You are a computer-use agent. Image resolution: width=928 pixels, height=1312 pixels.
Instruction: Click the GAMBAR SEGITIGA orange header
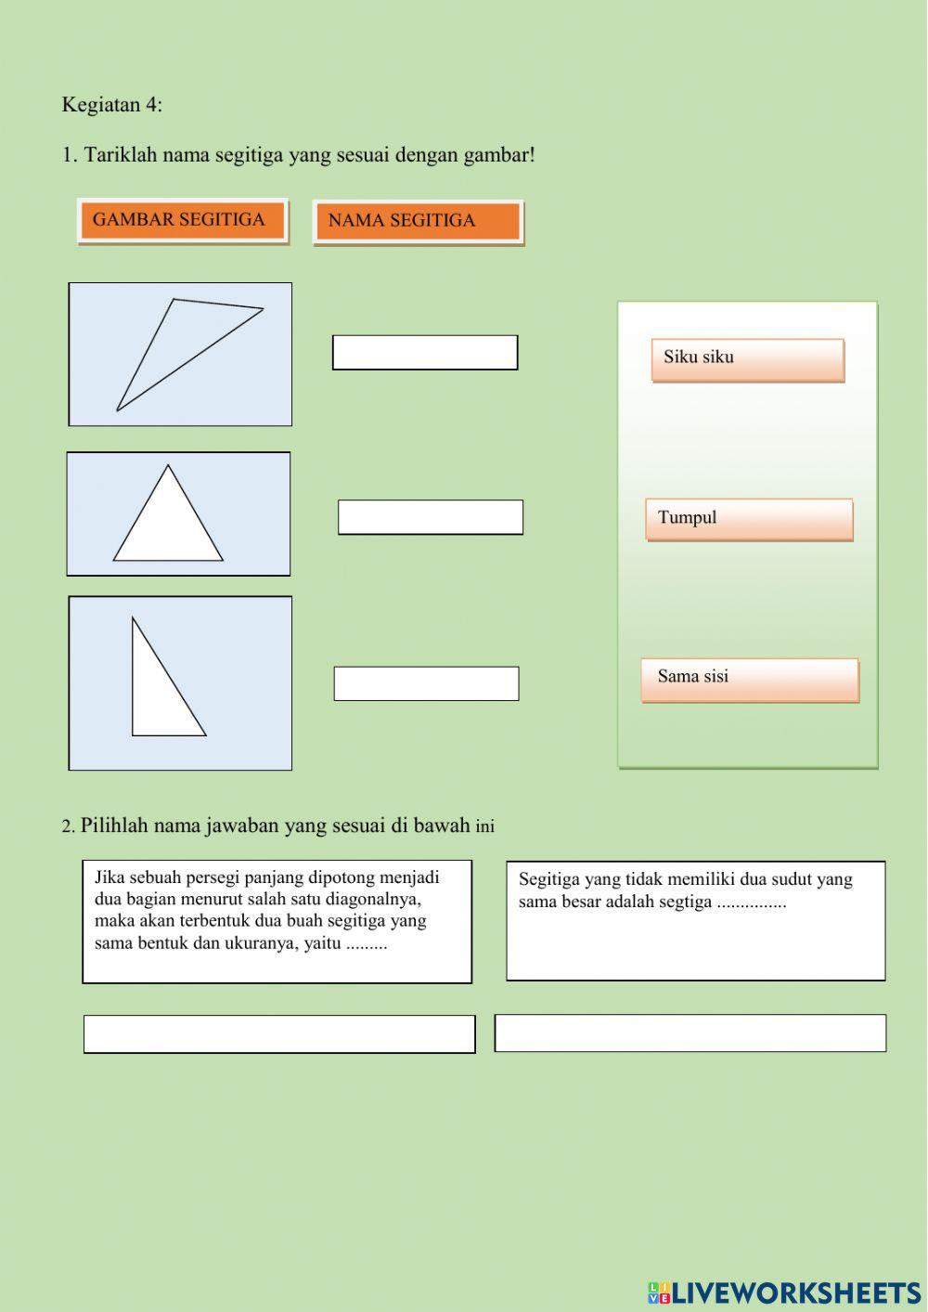[x=182, y=221]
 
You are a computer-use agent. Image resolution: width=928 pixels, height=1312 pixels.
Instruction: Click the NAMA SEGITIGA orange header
[x=418, y=222]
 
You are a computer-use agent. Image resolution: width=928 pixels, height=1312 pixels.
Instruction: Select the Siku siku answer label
[x=747, y=359]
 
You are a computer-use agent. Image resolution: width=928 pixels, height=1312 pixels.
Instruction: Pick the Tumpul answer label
[x=749, y=519]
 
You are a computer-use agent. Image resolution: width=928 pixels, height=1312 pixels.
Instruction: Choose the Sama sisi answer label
[x=749, y=680]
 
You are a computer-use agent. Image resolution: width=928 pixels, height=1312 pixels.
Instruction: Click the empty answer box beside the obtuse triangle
[x=425, y=353]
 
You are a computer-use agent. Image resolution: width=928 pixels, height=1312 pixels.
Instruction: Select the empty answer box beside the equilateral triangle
[x=430, y=517]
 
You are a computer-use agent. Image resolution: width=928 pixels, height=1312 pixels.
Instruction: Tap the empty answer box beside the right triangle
[x=426, y=683]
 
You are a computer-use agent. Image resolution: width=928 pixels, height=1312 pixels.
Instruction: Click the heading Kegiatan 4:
[x=111, y=105]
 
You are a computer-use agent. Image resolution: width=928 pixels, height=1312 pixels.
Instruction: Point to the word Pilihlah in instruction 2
[x=114, y=825]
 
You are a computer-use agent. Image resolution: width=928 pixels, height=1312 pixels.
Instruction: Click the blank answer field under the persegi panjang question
[x=278, y=1033]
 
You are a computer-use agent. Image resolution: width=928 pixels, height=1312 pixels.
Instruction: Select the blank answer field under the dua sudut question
[x=690, y=1033]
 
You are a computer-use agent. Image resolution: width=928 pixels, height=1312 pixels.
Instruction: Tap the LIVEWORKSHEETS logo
[x=784, y=1293]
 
